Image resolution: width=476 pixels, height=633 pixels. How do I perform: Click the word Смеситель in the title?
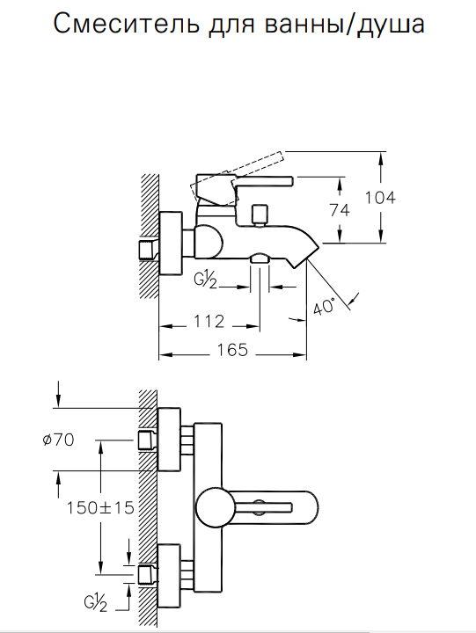[x=126, y=24]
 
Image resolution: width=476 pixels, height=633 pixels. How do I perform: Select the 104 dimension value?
[x=380, y=198]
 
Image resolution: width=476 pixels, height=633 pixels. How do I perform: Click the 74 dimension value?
[x=340, y=210]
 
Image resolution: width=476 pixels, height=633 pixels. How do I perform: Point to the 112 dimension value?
[x=209, y=322]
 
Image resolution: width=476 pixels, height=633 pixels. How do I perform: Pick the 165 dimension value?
[x=232, y=350]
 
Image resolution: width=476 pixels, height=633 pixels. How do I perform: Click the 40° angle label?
[x=325, y=307]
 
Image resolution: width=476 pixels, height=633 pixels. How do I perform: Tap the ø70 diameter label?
[x=59, y=440]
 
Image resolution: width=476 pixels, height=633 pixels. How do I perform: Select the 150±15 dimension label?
[x=100, y=508]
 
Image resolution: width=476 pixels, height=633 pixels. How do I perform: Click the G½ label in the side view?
[x=206, y=281]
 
